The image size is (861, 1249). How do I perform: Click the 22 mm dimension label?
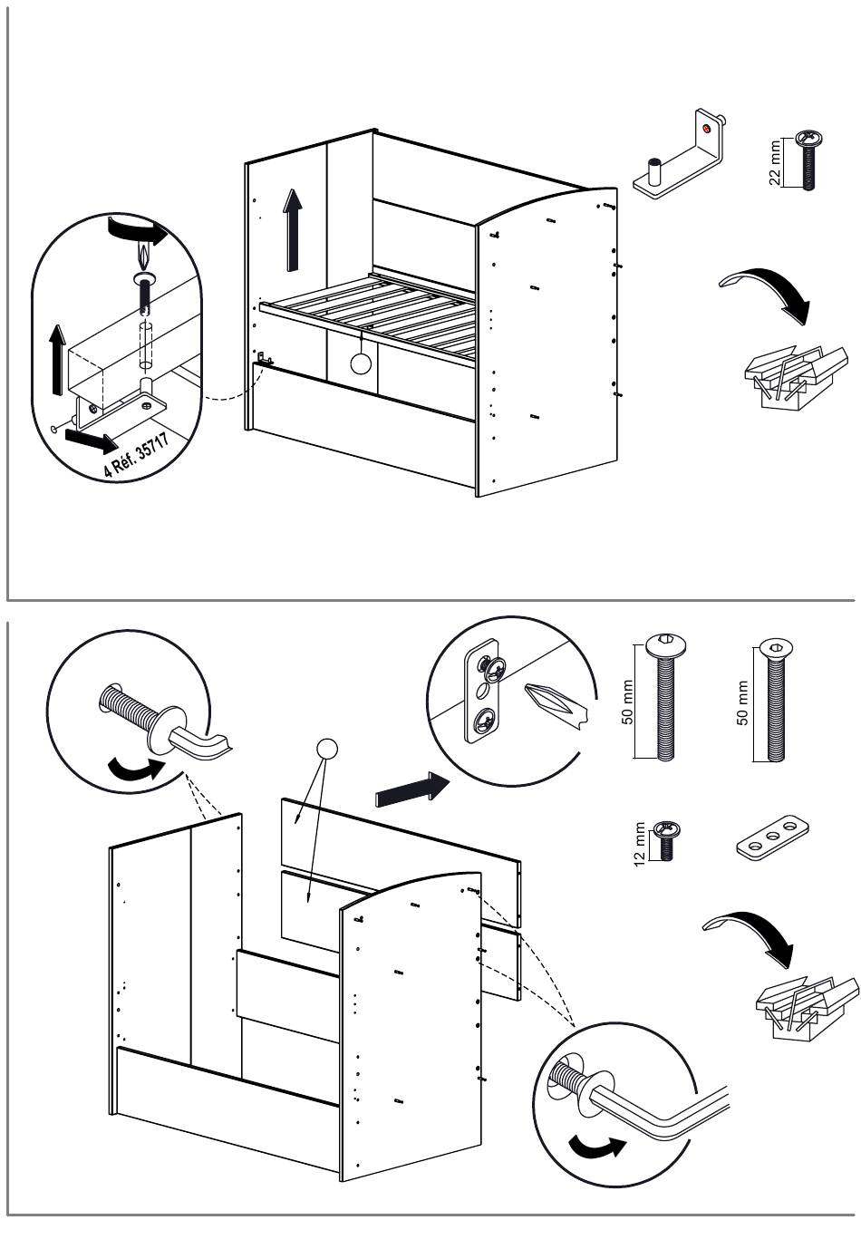(775, 162)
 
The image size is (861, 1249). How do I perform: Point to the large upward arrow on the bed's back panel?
(292, 230)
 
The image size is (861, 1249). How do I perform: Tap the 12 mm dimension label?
(641, 844)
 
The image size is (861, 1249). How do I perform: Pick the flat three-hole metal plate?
(770, 838)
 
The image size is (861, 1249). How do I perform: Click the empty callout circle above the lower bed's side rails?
(325, 749)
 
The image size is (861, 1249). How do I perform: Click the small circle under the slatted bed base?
(361, 364)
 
